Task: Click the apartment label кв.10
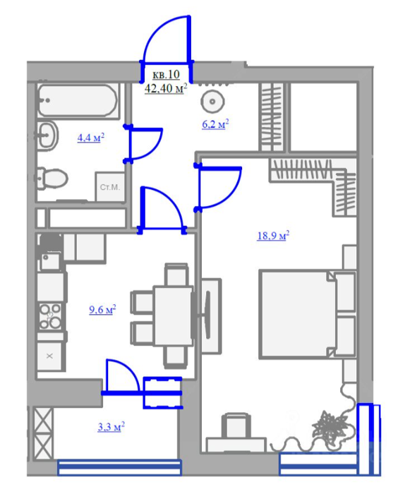coord(166,74)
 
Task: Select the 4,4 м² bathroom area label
coord(91,138)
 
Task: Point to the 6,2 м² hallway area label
coord(215,123)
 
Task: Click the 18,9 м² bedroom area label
coord(273,235)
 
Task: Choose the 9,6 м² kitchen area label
coord(102,309)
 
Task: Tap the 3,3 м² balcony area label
coord(111,426)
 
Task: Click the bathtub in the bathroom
coord(78,100)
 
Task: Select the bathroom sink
coord(47,135)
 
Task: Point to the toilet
coord(52,179)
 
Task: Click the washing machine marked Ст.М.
coord(110,187)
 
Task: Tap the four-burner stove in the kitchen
coord(50,316)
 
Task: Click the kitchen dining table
coord(173,315)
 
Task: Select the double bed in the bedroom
coord(307,315)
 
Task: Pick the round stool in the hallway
coord(212,102)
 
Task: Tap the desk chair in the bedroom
coord(236,426)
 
